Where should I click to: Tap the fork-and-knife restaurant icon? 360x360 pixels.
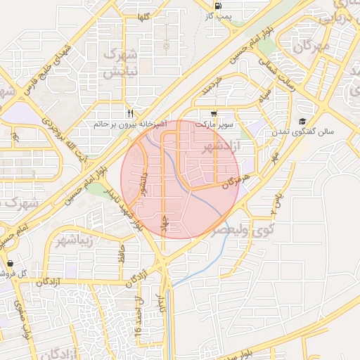(x=130, y=113)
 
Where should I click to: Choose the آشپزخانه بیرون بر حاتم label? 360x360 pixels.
(x=131, y=124)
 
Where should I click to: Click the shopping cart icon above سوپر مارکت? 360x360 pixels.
(x=214, y=113)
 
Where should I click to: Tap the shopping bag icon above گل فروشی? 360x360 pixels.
(x=10, y=263)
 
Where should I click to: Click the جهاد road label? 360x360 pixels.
(x=166, y=221)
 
